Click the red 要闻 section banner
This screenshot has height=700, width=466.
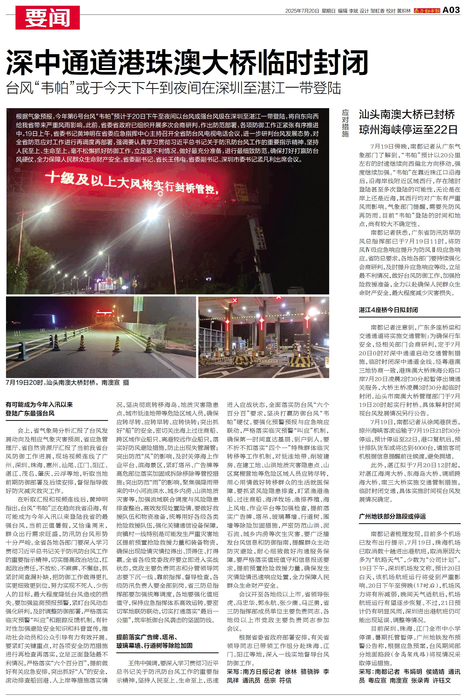point(48,18)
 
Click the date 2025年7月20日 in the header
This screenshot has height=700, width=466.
point(302,11)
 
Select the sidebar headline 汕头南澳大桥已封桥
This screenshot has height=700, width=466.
point(406,114)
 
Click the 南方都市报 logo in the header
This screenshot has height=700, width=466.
point(427,11)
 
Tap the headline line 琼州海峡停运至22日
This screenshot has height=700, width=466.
point(408,130)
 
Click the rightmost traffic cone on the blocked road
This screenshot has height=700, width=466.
point(149,345)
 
